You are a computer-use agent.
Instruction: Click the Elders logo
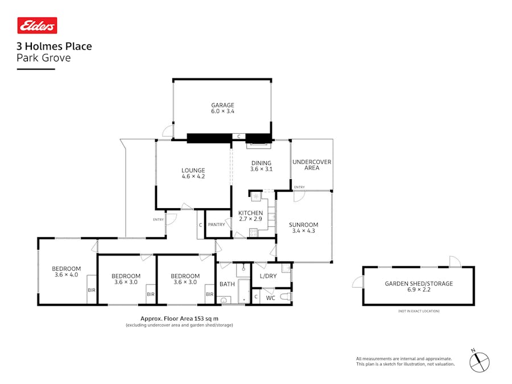pyautogui.click(x=37, y=26)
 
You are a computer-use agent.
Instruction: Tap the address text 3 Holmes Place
pyautogui.click(x=54, y=47)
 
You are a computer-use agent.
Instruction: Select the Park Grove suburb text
pyautogui.click(x=44, y=57)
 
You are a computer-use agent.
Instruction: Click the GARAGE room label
pyautogui.click(x=222, y=105)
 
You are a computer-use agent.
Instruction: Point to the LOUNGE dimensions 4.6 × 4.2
pyautogui.click(x=193, y=177)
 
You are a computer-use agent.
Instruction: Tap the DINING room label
pyautogui.click(x=262, y=163)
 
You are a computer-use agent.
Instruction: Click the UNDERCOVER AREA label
pyautogui.click(x=311, y=165)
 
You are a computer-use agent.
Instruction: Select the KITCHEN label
pyautogui.click(x=250, y=213)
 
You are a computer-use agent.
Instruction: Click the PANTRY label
pyautogui.click(x=216, y=225)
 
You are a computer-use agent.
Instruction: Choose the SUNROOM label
pyautogui.click(x=303, y=225)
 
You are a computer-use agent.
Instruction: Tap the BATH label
pyautogui.click(x=227, y=284)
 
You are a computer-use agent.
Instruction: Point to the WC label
pyautogui.click(x=271, y=298)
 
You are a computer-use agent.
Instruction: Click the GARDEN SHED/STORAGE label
pyautogui.click(x=419, y=283)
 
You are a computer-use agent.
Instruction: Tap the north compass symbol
pyautogui.click(x=480, y=361)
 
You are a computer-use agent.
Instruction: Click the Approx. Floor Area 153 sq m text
pyautogui.click(x=179, y=319)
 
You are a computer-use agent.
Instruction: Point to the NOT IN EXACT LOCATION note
pyautogui.click(x=419, y=311)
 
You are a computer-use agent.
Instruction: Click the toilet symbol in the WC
pyautogui.click(x=286, y=296)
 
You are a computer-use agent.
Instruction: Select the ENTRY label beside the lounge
pyautogui.click(x=158, y=220)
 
